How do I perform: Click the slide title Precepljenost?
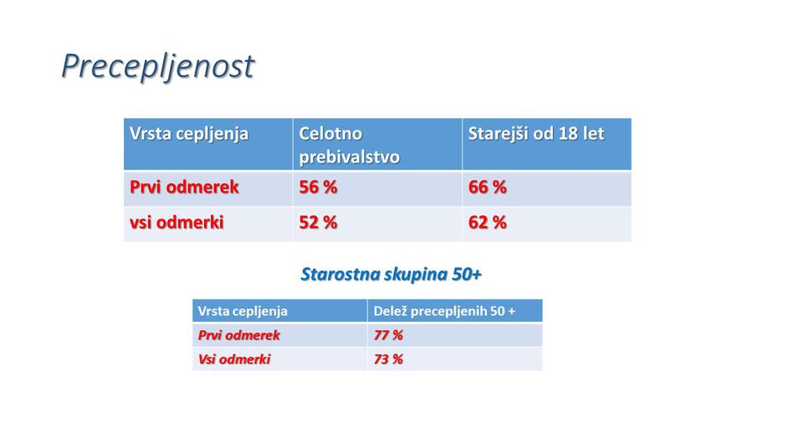coord(157,66)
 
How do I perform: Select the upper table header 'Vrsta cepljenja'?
coord(189,134)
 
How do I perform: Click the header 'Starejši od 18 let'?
coord(535,134)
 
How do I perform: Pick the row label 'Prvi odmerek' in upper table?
coord(184,188)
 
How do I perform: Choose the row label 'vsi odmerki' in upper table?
coord(177,223)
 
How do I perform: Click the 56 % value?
coord(318,188)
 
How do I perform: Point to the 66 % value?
coord(487,188)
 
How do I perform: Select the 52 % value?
coord(318,223)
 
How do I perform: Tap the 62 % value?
coord(487,223)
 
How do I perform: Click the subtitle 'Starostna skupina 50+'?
coord(391,275)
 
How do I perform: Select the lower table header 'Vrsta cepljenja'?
coord(243,312)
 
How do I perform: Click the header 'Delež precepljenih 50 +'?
coord(444,312)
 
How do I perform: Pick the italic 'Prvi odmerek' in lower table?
coord(238,335)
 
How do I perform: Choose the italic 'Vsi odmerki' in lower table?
coord(234,359)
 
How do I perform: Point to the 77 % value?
coord(388,335)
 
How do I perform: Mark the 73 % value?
coord(388,359)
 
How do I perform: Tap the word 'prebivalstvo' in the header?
coord(349,157)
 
